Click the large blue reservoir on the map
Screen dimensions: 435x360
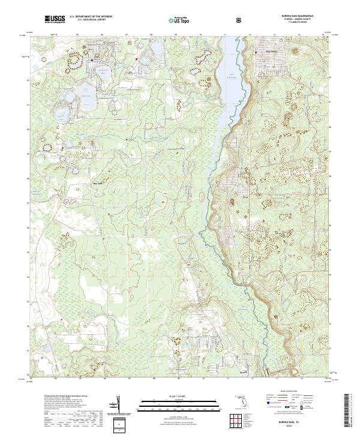click(x=230, y=84)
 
